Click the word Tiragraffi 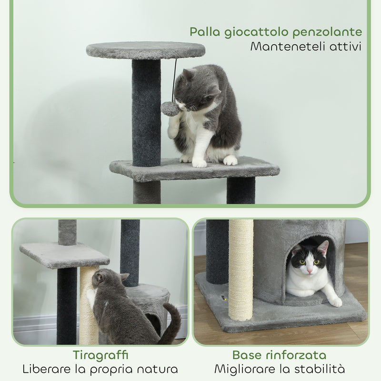(x=100, y=355)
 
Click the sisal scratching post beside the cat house (x=241, y=269)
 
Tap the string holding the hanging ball (x=174, y=79)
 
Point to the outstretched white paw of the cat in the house (x=335, y=301)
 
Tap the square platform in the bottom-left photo (x=64, y=255)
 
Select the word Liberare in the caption (x=46, y=369)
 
